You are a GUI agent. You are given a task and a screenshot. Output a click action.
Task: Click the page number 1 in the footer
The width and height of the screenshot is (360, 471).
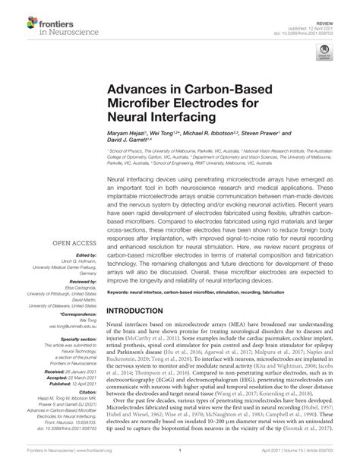coord(180,460)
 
